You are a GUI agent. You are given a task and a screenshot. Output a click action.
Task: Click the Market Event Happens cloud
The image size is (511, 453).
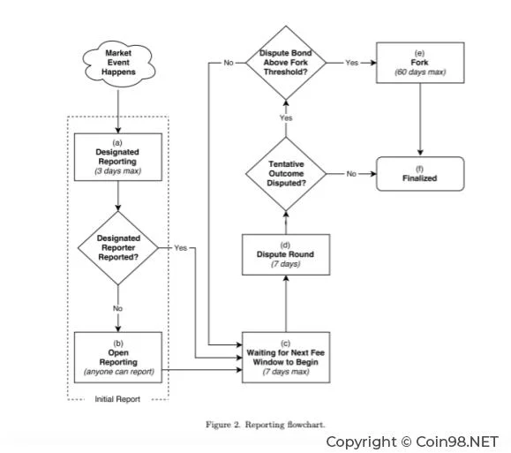(x=118, y=64)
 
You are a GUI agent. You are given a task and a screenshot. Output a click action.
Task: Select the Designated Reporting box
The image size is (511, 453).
(x=118, y=157)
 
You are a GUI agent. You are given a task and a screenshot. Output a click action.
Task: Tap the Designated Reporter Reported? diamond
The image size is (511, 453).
(x=118, y=248)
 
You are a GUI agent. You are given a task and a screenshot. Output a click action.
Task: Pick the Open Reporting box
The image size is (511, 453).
(x=118, y=358)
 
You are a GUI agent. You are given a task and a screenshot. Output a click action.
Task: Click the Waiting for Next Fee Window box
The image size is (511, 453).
(x=286, y=358)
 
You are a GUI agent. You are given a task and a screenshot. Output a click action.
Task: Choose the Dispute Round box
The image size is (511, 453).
(x=286, y=254)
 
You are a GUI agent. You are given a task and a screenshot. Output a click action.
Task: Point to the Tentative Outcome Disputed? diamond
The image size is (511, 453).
(x=286, y=174)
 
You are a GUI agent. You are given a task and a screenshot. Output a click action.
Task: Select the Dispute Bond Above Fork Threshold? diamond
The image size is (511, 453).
(x=286, y=63)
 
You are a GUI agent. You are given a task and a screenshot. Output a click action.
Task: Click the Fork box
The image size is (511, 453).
(x=420, y=63)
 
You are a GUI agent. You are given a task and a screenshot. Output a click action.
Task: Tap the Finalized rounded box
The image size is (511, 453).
(x=420, y=174)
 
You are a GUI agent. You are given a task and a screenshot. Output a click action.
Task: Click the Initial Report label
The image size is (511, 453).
(x=117, y=399)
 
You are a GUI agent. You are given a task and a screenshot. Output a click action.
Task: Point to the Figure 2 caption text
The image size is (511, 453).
(x=266, y=425)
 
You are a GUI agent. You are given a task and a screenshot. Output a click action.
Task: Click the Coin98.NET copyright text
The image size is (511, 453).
(x=412, y=442)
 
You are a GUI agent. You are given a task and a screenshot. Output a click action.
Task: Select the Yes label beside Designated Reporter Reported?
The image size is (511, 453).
(x=181, y=248)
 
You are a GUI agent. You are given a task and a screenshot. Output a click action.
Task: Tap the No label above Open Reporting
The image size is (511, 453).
(x=117, y=308)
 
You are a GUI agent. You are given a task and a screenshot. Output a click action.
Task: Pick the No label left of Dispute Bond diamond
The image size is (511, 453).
(x=229, y=63)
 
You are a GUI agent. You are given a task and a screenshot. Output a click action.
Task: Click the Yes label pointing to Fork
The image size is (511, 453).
(x=352, y=63)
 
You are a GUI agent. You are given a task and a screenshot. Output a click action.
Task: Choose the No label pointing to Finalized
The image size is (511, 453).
(x=351, y=174)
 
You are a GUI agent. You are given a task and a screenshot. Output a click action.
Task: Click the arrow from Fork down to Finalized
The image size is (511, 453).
(x=420, y=120)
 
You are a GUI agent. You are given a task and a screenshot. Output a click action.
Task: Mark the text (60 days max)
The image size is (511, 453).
(x=420, y=72)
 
